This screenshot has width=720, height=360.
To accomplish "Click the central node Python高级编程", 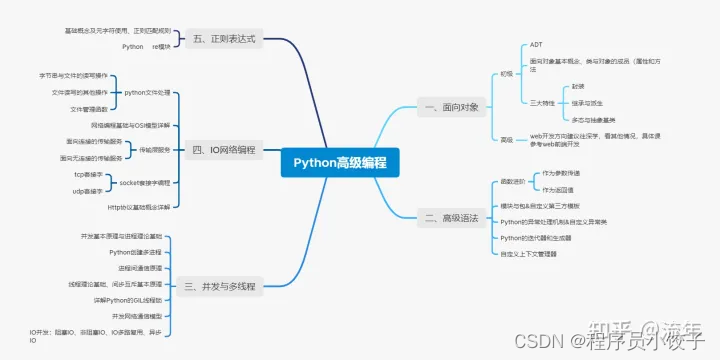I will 340,162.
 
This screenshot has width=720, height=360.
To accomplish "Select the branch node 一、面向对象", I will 451,105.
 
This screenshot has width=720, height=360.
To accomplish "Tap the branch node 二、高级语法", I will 451,216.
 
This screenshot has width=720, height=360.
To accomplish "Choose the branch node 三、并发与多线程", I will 221,286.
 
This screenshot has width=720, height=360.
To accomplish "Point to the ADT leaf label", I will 535,46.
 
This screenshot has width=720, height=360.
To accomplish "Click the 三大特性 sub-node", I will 542,102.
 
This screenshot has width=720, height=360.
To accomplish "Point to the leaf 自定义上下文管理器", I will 529,254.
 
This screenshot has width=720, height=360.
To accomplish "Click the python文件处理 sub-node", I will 148,92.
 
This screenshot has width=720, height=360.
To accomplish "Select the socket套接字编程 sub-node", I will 145,183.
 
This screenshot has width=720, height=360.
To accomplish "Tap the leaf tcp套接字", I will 88,174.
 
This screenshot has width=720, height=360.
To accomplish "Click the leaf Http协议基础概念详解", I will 138,206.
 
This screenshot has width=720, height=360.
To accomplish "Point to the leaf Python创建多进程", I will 135,252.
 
